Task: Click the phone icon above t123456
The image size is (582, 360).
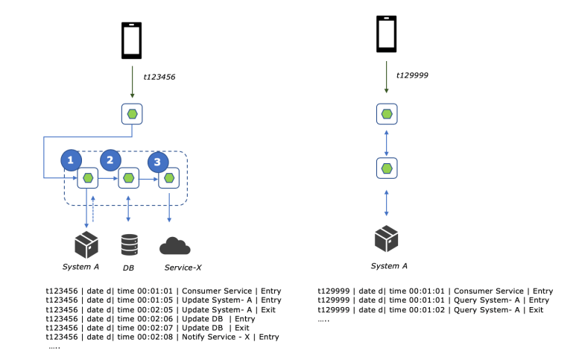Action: pyautogui.click(x=132, y=42)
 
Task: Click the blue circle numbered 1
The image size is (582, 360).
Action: pyautogui.click(x=70, y=160)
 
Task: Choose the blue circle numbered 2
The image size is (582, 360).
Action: pyautogui.click(x=110, y=158)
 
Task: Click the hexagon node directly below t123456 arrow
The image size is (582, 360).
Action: pyautogui.click(x=132, y=114)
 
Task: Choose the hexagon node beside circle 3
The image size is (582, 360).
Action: pyautogui.click(x=170, y=179)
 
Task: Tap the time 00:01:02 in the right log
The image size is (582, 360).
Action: pyautogui.click(x=417, y=309)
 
